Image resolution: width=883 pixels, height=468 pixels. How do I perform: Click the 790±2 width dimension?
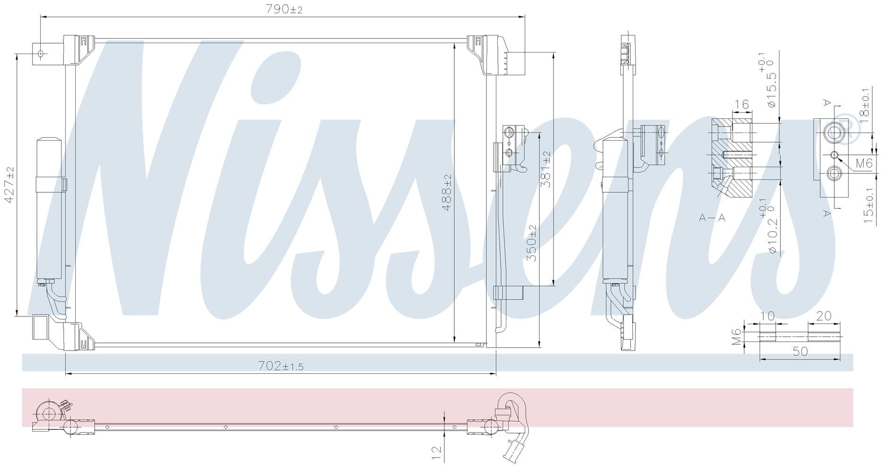[x=284, y=9]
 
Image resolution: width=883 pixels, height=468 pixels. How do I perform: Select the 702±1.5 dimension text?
[x=281, y=366]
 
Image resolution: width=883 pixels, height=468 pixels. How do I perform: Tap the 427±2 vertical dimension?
[x=9, y=185]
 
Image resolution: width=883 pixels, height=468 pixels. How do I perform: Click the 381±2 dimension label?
[x=546, y=169]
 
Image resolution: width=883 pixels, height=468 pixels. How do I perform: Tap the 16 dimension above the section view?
[x=742, y=104]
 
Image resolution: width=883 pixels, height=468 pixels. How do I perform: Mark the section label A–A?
[x=712, y=218]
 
